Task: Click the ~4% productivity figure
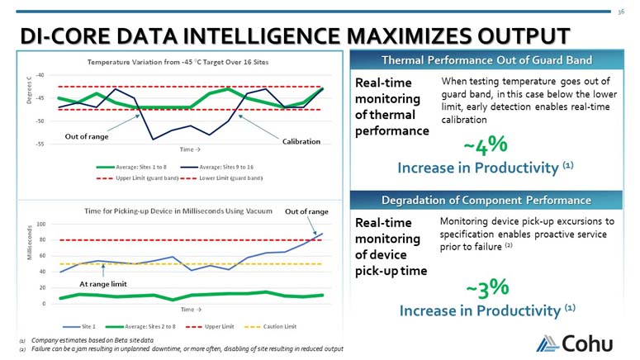click(x=485, y=146)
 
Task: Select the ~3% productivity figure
click(x=486, y=288)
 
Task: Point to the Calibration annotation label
click(x=301, y=141)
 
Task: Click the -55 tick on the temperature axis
click(x=40, y=144)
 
